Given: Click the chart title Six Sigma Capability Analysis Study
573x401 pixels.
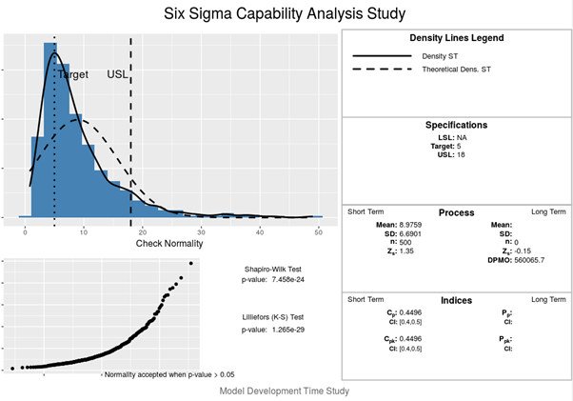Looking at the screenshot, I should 286,13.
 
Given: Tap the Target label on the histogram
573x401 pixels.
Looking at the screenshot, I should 73,74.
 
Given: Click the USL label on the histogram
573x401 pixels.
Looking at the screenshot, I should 116,74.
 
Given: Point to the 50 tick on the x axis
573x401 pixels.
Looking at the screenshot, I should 319,231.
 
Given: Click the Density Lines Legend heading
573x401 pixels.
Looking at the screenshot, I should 456,38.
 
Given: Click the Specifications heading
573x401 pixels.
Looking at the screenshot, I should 456,125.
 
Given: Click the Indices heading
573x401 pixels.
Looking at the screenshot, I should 456,300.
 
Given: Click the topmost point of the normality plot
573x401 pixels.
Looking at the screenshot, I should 190,264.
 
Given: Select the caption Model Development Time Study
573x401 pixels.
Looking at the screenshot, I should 284,391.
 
